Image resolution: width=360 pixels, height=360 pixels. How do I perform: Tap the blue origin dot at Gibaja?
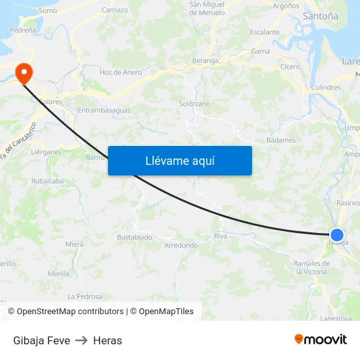click(x=337, y=235)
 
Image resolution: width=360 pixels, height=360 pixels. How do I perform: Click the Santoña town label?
click(x=321, y=16)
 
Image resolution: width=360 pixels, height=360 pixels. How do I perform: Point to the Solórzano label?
click(x=194, y=104)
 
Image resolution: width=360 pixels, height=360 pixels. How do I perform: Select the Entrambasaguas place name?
click(x=104, y=110)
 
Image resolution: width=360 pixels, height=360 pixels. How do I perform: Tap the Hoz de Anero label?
click(x=120, y=73)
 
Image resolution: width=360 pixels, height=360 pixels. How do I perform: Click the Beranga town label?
click(x=206, y=60)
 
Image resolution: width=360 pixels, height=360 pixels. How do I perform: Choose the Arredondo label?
click(x=181, y=245)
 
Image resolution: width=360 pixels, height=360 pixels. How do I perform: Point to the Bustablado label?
click(x=134, y=237)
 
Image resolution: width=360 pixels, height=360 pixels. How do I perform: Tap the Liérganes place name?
click(x=46, y=152)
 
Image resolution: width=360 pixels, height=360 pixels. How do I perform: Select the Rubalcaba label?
click(x=47, y=181)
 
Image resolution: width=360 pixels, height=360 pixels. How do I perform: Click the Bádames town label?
click(x=281, y=140)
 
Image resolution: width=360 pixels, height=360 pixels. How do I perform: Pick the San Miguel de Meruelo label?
click(x=207, y=9)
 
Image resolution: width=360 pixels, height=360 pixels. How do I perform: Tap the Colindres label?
click(x=327, y=87)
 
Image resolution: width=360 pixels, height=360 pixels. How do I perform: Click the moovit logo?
click(x=320, y=339)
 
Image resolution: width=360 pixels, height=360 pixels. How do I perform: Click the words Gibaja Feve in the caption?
click(x=41, y=340)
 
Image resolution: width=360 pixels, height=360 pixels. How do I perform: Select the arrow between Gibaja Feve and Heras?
click(x=81, y=340)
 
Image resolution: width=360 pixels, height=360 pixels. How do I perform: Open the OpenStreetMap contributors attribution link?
click(x=70, y=312)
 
